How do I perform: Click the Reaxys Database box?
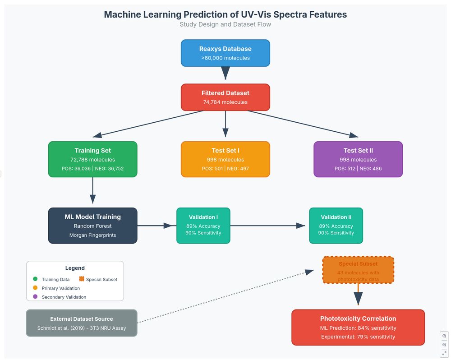point(225,53)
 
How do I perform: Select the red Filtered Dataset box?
point(225,97)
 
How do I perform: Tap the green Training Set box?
point(92,159)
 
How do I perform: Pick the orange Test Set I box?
point(225,159)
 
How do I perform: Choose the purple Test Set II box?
point(358,159)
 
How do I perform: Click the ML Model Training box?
point(92,226)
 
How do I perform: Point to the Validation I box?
point(203,226)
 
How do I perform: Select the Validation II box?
point(336,226)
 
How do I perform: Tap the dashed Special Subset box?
point(358,270)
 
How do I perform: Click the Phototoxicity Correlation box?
point(358,327)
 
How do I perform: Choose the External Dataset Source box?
point(82,323)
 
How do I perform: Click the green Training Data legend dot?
point(35,279)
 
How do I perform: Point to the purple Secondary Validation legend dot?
point(35,297)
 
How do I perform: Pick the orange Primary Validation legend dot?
point(35,288)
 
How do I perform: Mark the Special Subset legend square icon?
point(82,279)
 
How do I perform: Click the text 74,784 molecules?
point(225,102)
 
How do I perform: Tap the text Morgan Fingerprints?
point(92,235)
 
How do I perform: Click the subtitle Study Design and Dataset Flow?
point(225,24)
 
